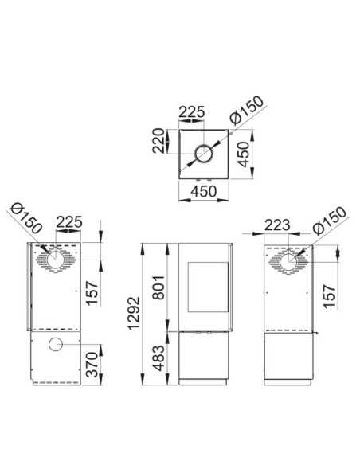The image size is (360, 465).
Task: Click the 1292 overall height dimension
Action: (133, 313)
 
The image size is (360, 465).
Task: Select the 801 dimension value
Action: (158, 287)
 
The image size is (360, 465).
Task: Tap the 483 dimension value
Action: (159, 358)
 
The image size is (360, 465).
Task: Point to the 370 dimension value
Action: (92, 365)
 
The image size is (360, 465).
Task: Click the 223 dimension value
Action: (277, 225)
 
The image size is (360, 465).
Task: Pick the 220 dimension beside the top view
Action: (158, 141)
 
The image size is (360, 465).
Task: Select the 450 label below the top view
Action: (204, 191)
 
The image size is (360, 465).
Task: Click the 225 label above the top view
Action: (192, 112)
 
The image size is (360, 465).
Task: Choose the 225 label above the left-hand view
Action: (68, 222)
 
